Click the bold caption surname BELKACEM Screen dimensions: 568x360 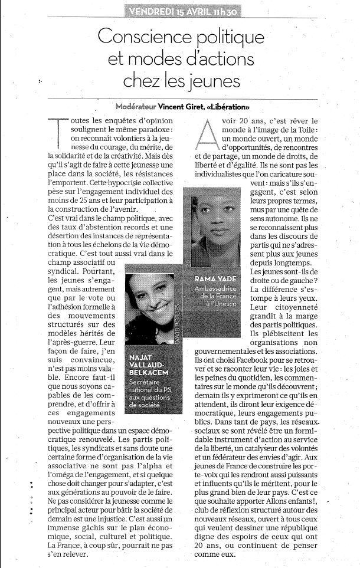(149, 373)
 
